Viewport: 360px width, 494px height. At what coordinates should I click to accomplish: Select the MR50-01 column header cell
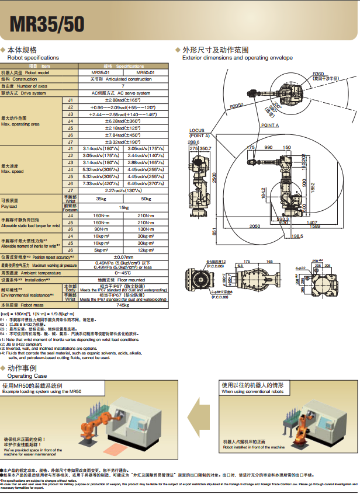(146, 72)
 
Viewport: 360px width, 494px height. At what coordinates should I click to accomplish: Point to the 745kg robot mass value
(123, 305)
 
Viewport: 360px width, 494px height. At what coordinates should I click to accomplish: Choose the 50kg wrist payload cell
(146, 199)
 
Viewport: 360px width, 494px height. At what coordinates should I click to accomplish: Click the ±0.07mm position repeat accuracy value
(123, 257)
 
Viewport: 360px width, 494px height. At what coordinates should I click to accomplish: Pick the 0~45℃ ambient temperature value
(123, 273)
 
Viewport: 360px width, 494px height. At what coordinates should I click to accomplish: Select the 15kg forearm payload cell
(123, 207)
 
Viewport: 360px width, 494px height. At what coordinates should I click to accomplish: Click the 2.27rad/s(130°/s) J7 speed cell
(123, 190)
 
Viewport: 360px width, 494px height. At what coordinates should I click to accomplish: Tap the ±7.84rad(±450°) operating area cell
(123, 135)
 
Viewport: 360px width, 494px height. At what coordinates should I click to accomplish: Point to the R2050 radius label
(236, 105)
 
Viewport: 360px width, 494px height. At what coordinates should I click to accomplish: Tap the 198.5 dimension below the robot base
(296, 236)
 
